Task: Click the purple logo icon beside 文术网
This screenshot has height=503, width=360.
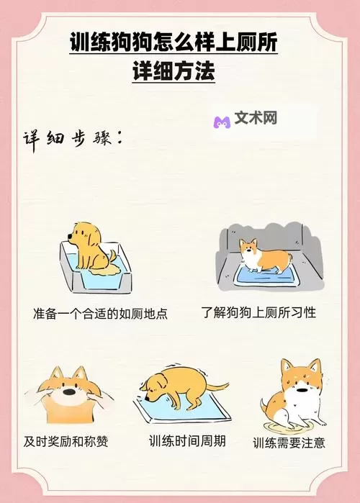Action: coord(222,122)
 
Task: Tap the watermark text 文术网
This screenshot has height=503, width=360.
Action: coord(256,118)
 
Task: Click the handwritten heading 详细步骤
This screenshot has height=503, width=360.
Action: coord(73,140)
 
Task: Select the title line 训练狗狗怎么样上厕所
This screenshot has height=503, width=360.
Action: coord(174,42)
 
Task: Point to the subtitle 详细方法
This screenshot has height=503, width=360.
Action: coord(174,71)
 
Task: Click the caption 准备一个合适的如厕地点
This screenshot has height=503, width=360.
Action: coord(100,313)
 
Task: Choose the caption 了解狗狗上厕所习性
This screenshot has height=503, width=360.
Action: coord(258,312)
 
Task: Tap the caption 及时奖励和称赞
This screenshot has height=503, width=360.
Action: coord(66,441)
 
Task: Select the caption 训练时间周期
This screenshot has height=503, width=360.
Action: coord(187,441)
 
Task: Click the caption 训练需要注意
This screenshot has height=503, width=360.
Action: coord(289,443)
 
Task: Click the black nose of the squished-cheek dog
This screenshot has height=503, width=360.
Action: coord(68,392)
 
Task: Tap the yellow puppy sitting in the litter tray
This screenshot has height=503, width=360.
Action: coord(91,247)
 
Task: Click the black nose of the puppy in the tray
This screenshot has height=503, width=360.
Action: coord(70,237)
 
